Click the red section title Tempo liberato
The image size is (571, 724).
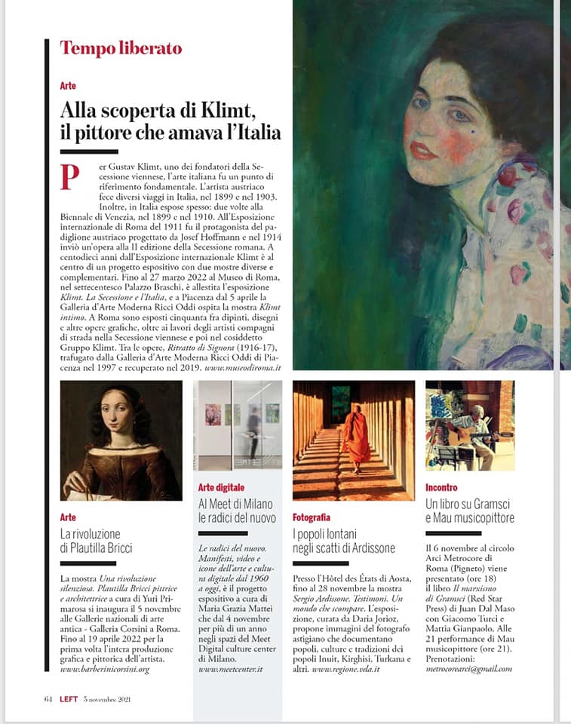(121, 49)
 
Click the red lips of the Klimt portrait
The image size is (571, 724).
(423, 150)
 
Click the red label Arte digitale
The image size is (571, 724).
(221, 488)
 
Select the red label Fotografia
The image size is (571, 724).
(312, 517)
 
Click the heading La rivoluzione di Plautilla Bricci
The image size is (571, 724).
(96, 541)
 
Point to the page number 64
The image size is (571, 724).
(48, 698)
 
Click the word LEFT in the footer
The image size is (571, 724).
(69, 698)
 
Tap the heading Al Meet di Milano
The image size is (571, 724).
(235, 504)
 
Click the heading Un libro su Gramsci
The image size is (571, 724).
(468, 503)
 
